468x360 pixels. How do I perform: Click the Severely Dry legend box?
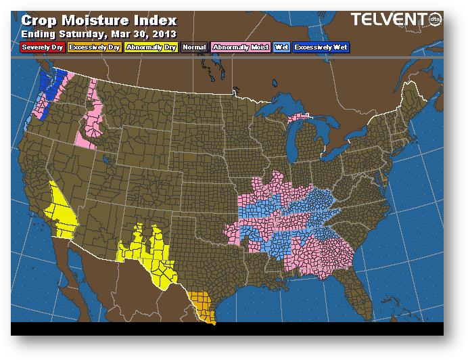[x=42, y=47]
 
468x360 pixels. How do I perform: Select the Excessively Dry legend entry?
[x=95, y=47]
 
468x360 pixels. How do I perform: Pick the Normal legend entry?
[x=193, y=47]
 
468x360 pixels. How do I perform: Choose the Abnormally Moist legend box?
[x=240, y=47]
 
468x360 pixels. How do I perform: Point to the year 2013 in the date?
[x=164, y=32]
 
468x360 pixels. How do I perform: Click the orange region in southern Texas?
[x=202, y=306]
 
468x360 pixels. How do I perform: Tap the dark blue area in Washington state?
[x=50, y=87]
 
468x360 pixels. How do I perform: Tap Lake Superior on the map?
[x=284, y=106]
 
